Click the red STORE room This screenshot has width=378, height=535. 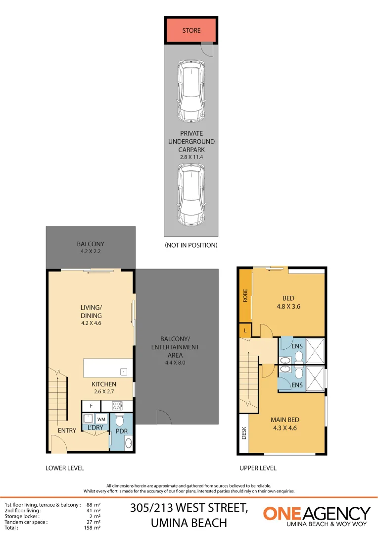[x=191, y=30]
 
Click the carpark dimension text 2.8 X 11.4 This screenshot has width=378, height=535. [x=191, y=157]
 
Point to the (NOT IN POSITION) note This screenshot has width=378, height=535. [x=191, y=245]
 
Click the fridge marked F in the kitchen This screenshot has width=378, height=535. [x=91, y=406]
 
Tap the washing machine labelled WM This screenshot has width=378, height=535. [x=101, y=419]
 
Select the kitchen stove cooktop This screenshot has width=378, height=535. [x=118, y=406]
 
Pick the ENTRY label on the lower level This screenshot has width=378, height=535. [x=67, y=430]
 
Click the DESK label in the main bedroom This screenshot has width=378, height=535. [x=244, y=433]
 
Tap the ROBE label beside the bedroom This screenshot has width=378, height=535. [x=245, y=296]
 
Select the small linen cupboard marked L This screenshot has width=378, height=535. [x=245, y=330]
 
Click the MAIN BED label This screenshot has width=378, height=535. [x=284, y=420]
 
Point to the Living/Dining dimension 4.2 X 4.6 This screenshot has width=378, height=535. [x=91, y=323]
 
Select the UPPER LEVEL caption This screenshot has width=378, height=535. [x=258, y=468]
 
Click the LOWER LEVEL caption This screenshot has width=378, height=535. [x=65, y=468]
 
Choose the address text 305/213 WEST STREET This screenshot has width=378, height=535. [x=189, y=508]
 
